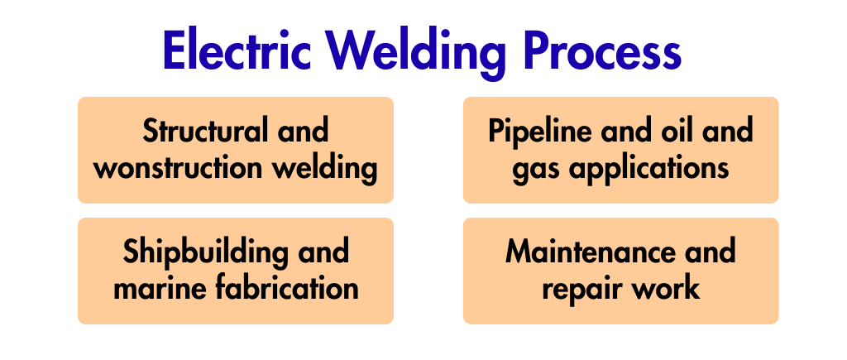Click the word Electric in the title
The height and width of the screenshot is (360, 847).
pos(237,50)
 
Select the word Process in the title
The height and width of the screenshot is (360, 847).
pos(602,50)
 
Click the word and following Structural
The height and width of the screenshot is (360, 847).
pos(303,131)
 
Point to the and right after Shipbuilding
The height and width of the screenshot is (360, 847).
pos(323,252)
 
